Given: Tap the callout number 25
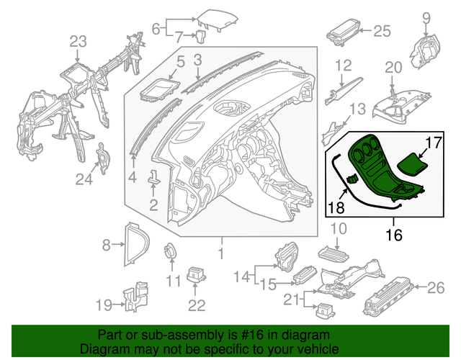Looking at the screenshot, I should click(382, 30).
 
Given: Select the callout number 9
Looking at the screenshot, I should click(425, 18).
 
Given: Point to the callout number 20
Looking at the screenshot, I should click(392, 68).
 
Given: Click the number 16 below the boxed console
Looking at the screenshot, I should click(393, 235).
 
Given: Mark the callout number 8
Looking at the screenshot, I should click(107, 246).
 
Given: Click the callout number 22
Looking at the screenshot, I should click(197, 305).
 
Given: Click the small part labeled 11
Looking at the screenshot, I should click(172, 252).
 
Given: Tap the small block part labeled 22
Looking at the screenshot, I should click(196, 276).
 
